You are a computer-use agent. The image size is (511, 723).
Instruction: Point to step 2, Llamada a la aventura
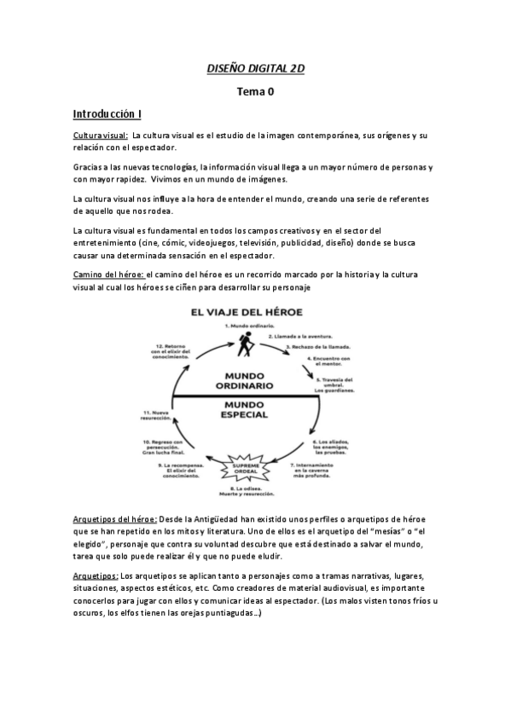tap(301, 337)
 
